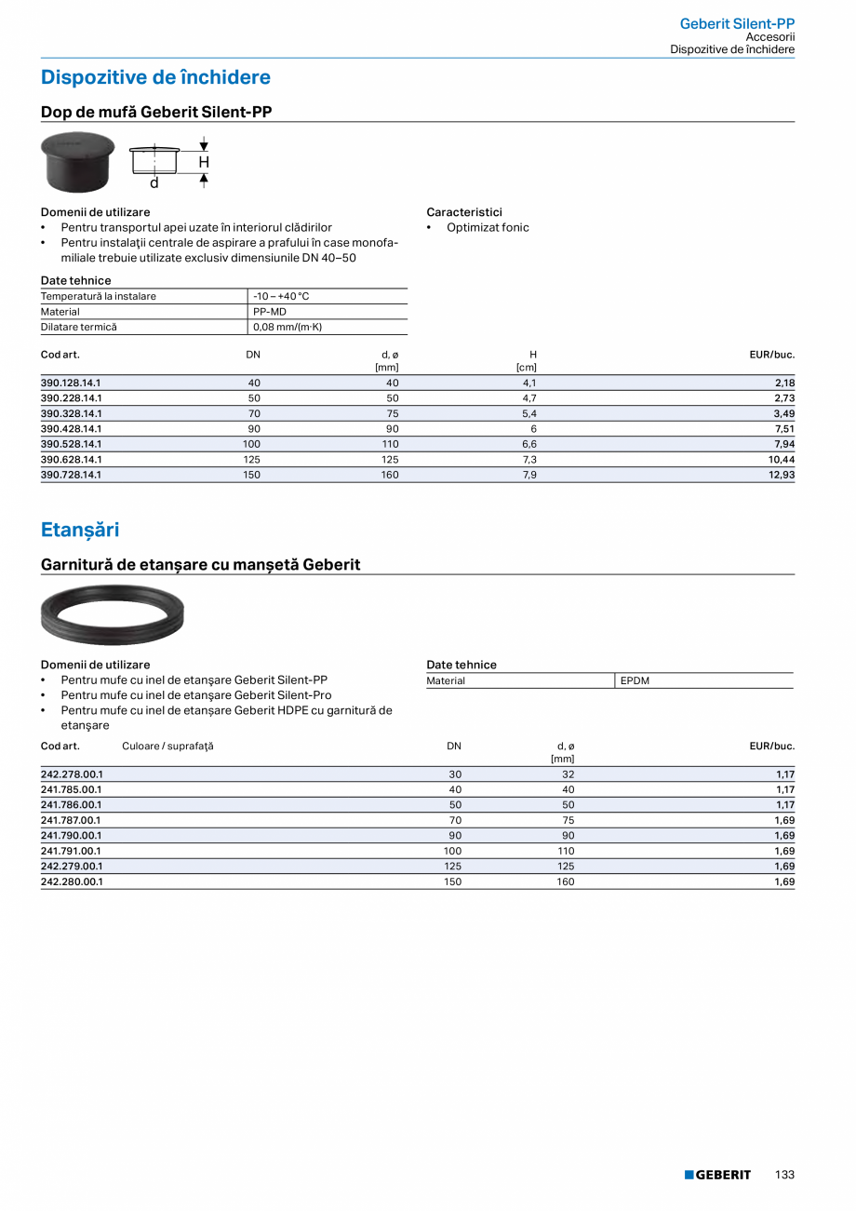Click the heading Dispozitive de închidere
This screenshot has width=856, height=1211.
(155, 77)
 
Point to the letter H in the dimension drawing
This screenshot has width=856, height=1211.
(204, 162)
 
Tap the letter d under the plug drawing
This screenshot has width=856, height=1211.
(154, 182)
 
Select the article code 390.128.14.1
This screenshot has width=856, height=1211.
(71, 383)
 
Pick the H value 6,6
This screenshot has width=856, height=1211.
(529, 444)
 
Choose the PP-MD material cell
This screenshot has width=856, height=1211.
(270, 312)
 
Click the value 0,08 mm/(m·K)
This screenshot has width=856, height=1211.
(288, 328)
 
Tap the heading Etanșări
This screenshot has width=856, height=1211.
(80, 530)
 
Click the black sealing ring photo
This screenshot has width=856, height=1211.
(113, 614)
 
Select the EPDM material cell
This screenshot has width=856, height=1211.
(635, 680)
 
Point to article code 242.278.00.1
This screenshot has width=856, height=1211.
(72, 774)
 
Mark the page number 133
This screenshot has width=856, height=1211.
(784, 1175)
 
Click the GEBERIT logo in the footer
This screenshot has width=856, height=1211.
(717, 1175)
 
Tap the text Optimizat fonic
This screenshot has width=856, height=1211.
(488, 227)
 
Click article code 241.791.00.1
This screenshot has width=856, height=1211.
(72, 851)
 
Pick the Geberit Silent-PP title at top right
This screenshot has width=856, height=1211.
(737, 23)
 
